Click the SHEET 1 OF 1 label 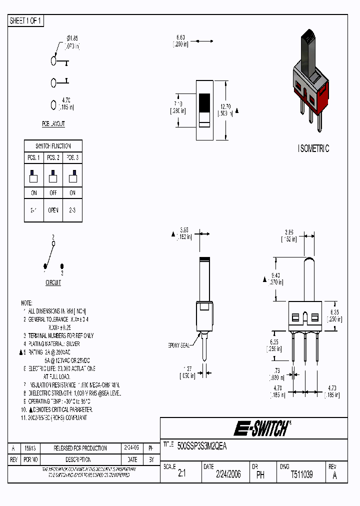pos(26,21)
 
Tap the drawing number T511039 pos(301,474)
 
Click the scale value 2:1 pos(181,474)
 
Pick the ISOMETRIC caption pos(313,148)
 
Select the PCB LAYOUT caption pos(53,123)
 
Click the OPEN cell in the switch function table pos(53,210)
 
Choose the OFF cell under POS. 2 pos(53,193)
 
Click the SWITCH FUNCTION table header pos(53,146)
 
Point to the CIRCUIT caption pos(53,283)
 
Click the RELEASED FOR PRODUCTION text pos(80,448)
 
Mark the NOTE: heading pos(26,303)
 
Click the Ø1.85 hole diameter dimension pos(72,38)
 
